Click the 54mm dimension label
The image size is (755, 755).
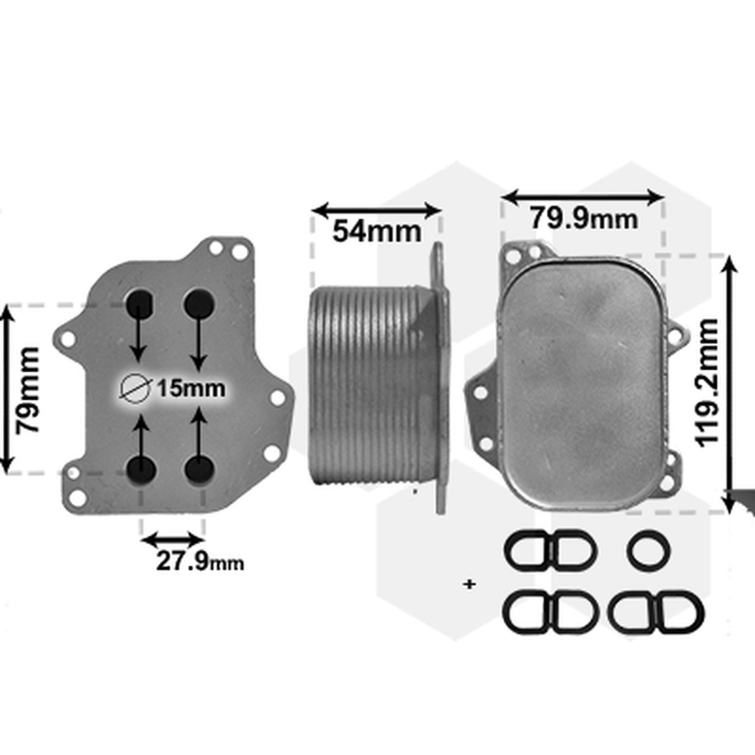point(377,231)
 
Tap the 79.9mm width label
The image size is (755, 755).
point(584,218)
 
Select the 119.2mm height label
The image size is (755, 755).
point(707,383)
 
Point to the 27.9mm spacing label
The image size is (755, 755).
point(200,561)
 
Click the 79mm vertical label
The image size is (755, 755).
point(27,390)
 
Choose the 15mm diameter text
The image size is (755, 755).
point(192,389)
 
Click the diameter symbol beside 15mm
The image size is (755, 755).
point(135,388)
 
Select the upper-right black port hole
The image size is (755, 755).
point(199,303)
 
